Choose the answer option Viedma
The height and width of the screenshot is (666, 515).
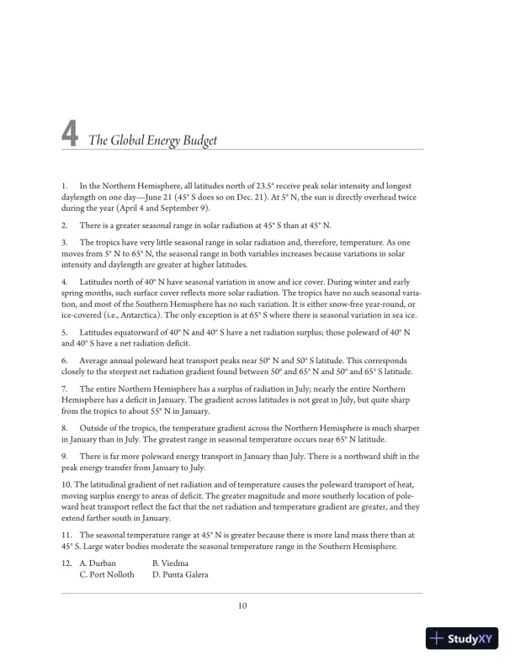176,563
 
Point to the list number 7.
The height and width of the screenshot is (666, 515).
64,389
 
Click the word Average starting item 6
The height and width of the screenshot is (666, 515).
95,358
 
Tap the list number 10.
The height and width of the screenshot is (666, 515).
66,484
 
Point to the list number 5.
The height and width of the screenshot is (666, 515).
64,334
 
